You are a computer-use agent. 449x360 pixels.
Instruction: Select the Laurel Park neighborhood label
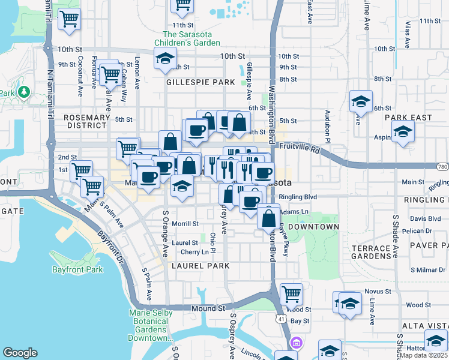[196, 265]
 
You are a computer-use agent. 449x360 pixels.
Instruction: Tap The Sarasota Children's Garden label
[187, 38]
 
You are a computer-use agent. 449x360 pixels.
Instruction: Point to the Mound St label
[208, 308]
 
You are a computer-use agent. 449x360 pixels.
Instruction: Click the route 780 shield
[442, 166]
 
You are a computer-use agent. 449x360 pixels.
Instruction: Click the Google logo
[20, 353]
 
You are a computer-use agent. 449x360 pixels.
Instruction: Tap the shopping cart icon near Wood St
[291, 294]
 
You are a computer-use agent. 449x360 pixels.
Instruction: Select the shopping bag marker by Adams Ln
[268, 216]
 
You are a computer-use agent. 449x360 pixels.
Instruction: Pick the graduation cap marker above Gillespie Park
[164, 59]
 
